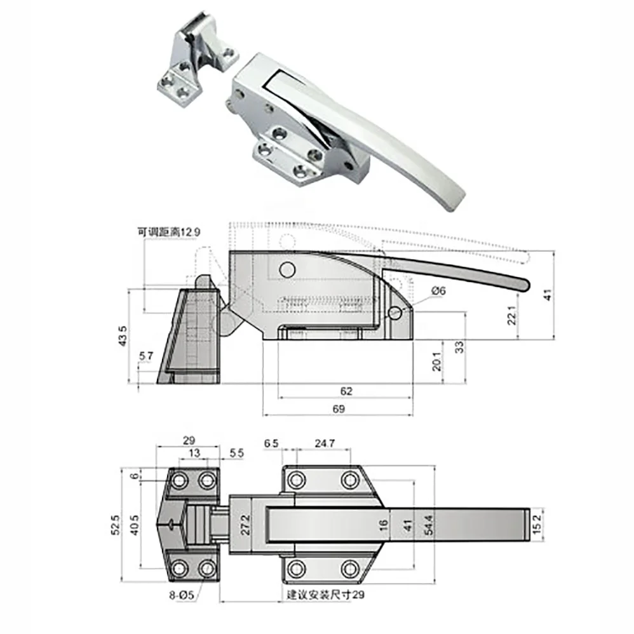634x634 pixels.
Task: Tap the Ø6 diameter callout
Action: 440,290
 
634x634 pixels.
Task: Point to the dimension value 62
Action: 345,392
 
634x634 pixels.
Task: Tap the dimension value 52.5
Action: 115,525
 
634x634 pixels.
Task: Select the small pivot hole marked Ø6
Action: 396,313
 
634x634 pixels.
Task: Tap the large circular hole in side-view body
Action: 287,271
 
